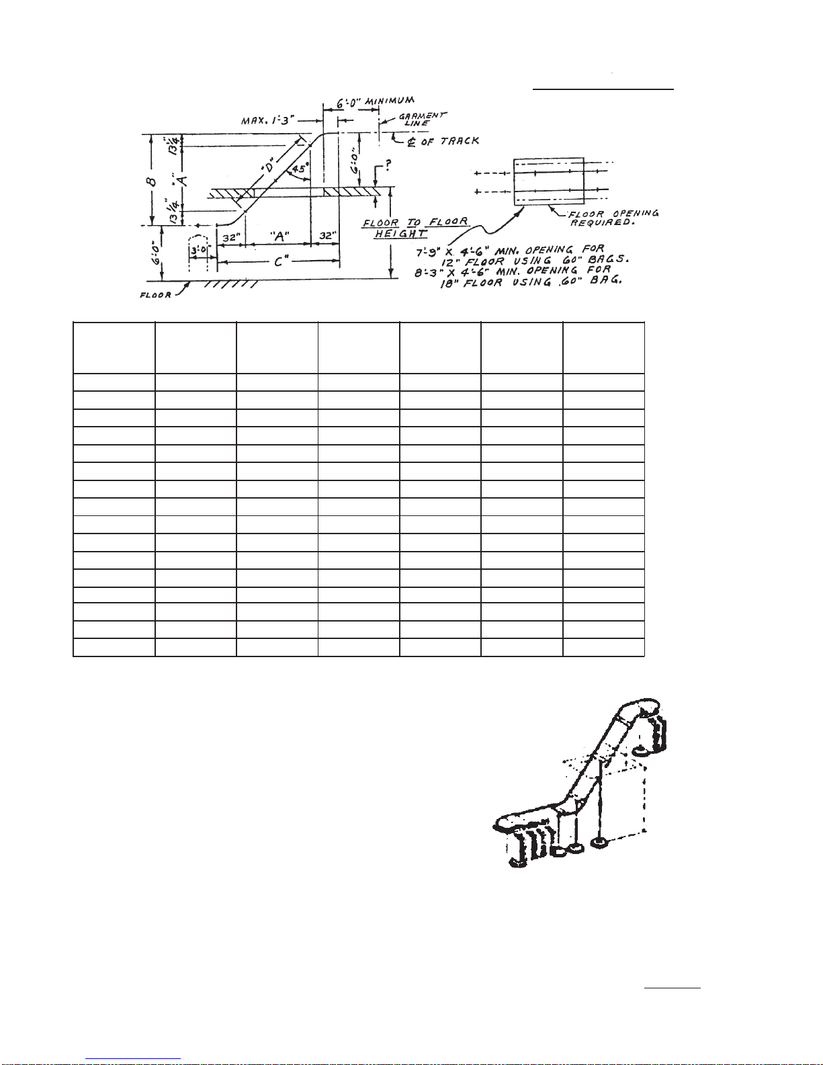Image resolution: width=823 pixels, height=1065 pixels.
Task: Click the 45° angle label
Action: [298, 169]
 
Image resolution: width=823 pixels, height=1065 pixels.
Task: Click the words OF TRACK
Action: [449, 141]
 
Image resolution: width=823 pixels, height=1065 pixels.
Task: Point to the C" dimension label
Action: [284, 261]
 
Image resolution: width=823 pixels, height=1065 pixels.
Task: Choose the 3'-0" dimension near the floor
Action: [200, 250]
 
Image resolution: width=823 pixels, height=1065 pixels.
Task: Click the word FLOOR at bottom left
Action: [156, 295]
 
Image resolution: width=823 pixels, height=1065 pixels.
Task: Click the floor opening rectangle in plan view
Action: [549, 181]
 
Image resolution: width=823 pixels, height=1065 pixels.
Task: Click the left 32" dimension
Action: [231, 237]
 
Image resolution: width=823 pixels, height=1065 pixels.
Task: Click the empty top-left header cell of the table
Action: [114, 347]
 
